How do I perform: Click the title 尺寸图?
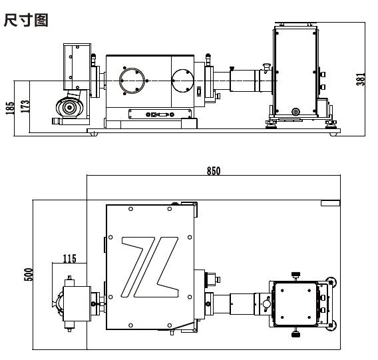[26, 20]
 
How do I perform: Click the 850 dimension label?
[214, 171]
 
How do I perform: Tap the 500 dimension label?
[28, 274]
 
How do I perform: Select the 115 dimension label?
[69, 259]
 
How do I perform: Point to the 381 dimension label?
[361, 79]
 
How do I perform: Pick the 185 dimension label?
[10, 108]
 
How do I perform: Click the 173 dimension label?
[25, 106]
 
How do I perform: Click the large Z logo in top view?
[150, 267]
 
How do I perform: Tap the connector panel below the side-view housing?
[160, 114]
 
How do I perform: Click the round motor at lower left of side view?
[69, 107]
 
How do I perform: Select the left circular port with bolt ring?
[132, 81]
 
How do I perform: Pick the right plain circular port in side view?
[183, 81]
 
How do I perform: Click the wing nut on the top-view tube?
[266, 303]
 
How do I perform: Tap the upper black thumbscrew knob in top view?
[295, 274]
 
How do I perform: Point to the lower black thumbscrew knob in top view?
[295, 335]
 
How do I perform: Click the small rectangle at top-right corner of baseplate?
[330, 203]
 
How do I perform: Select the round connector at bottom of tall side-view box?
[295, 112]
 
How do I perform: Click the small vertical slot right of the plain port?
[199, 92]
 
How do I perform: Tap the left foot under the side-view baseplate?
[94, 134]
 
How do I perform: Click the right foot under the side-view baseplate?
[333, 134]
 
